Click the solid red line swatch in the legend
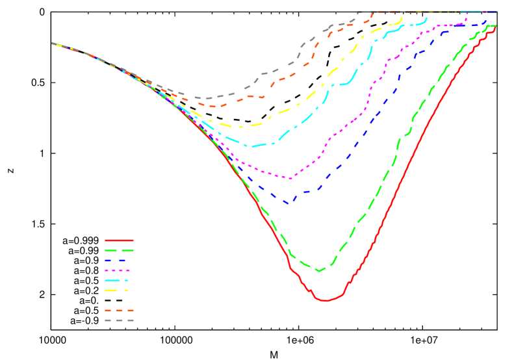point(119,240)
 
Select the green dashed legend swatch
point(119,250)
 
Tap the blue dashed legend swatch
point(119,261)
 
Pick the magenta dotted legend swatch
point(119,270)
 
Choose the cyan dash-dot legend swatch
point(119,280)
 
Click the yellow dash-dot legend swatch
point(119,290)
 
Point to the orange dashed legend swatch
point(119,311)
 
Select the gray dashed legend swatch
point(119,320)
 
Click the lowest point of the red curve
point(326,301)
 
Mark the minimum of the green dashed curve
point(318,271)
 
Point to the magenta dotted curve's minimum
point(290,178)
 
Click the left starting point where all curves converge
point(53,44)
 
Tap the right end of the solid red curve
point(495,27)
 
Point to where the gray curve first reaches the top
point(357,12)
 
